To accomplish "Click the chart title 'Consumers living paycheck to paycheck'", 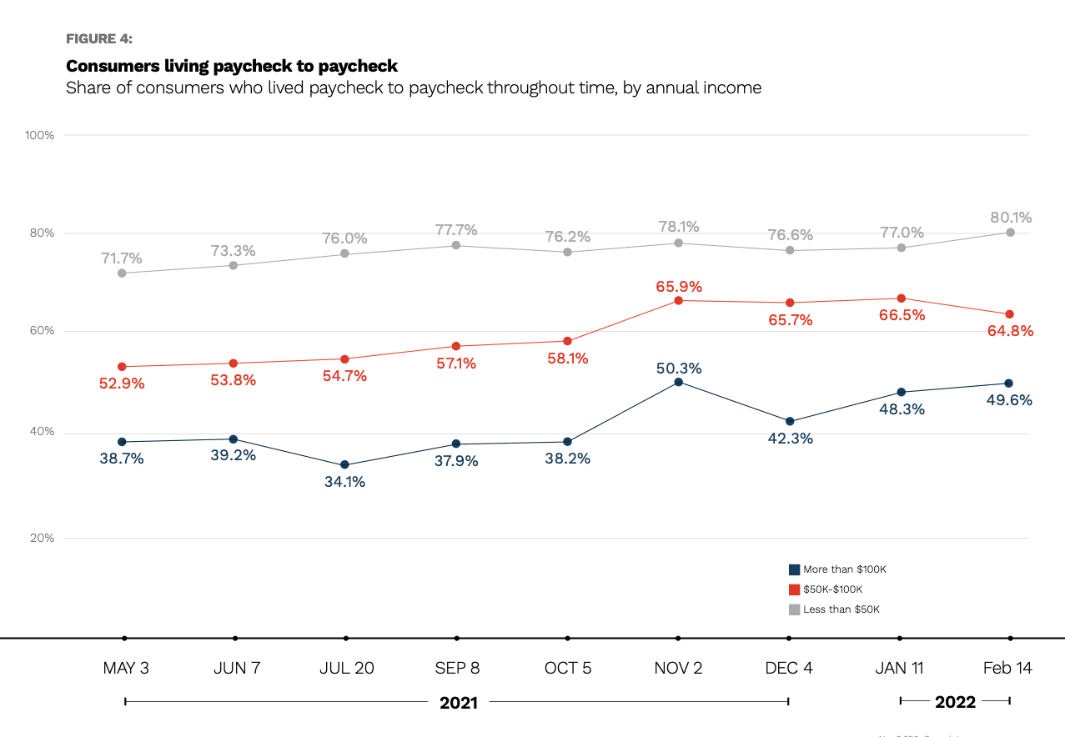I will pyautogui.click(x=232, y=65).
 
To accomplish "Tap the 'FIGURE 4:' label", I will pyautogui.click(x=98, y=38).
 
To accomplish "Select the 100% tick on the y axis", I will pyautogui.click(x=39, y=135).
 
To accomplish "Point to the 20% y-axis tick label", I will pyautogui.click(x=43, y=538).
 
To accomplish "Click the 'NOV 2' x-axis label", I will pyautogui.click(x=678, y=668).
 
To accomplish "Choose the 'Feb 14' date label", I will pyautogui.click(x=1007, y=668).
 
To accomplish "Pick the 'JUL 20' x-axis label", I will pyautogui.click(x=346, y=668).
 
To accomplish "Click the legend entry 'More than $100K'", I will pyautogui.click(x=844, y=569).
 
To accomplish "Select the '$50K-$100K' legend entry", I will pyautogui.click(x=832, y=589).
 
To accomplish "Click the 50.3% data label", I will pyautogui.click(x=678, y=368).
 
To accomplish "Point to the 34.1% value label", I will pyautogui.click(x=344, y=481).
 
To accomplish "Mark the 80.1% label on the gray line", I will pyautogui.click(x=1011, y=218).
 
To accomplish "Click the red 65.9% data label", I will pyautogui.click(x=678, y=286).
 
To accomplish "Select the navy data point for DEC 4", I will pyautogui.click(x=789, y=422).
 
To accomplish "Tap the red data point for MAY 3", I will pyautogui.click(x=122, y=367).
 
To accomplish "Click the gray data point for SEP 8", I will pyautogui.click(x=456, y=245).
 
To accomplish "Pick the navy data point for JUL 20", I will pyautogui.click(x=344, y=465).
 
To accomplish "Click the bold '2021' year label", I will pyautogui.click(x=459, y=702).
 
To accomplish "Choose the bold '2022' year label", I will pyautogui.click(x=955, y=702).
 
